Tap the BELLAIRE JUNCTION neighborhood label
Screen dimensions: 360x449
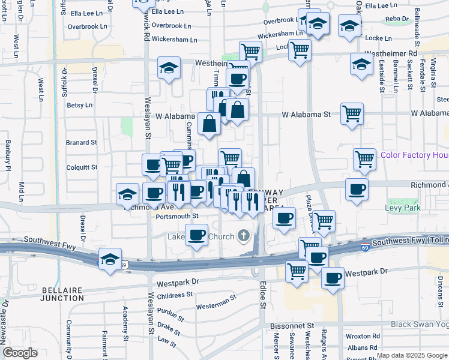62,293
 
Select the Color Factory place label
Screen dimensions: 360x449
414,155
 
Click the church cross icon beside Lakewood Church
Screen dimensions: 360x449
244,235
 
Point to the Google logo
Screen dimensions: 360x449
20,353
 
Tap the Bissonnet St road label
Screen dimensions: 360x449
288,325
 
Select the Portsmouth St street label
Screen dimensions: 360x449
176,216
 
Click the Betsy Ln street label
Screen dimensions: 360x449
79,105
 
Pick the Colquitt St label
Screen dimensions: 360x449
81,167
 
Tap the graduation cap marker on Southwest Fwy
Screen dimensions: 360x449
110,259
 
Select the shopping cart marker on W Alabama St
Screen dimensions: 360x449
352,113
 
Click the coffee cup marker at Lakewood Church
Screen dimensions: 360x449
196,235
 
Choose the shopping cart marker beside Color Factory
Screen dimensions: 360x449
364,158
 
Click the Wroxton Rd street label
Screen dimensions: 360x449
367,337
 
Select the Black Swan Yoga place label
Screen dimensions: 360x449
420,324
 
